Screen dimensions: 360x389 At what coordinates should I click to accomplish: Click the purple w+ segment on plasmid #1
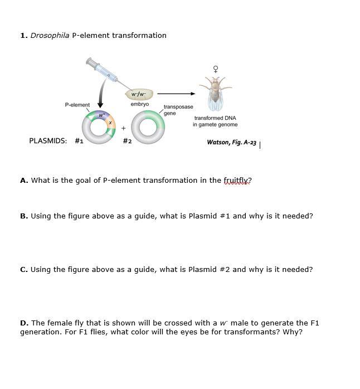point(101,115)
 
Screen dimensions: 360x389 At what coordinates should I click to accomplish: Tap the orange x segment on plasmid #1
point(110,122)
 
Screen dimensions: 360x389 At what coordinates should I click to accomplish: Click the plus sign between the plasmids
point(123,128)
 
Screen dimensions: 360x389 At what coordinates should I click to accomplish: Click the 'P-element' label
point(77,105)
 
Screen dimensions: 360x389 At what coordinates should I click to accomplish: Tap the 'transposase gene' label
point(178,110)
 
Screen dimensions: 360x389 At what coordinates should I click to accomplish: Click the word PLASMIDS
point(48,141)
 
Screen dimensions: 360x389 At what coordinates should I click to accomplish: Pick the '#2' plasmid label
point(127,141)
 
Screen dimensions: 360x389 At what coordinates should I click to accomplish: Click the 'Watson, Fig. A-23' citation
point(231,143)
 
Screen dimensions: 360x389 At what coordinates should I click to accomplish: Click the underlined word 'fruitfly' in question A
point(237,181)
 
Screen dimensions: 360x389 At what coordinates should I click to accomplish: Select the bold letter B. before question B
point(24,216)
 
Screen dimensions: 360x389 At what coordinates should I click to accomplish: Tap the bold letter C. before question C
point(24,270)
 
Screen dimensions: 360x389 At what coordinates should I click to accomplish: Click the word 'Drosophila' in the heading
point(50,36)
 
